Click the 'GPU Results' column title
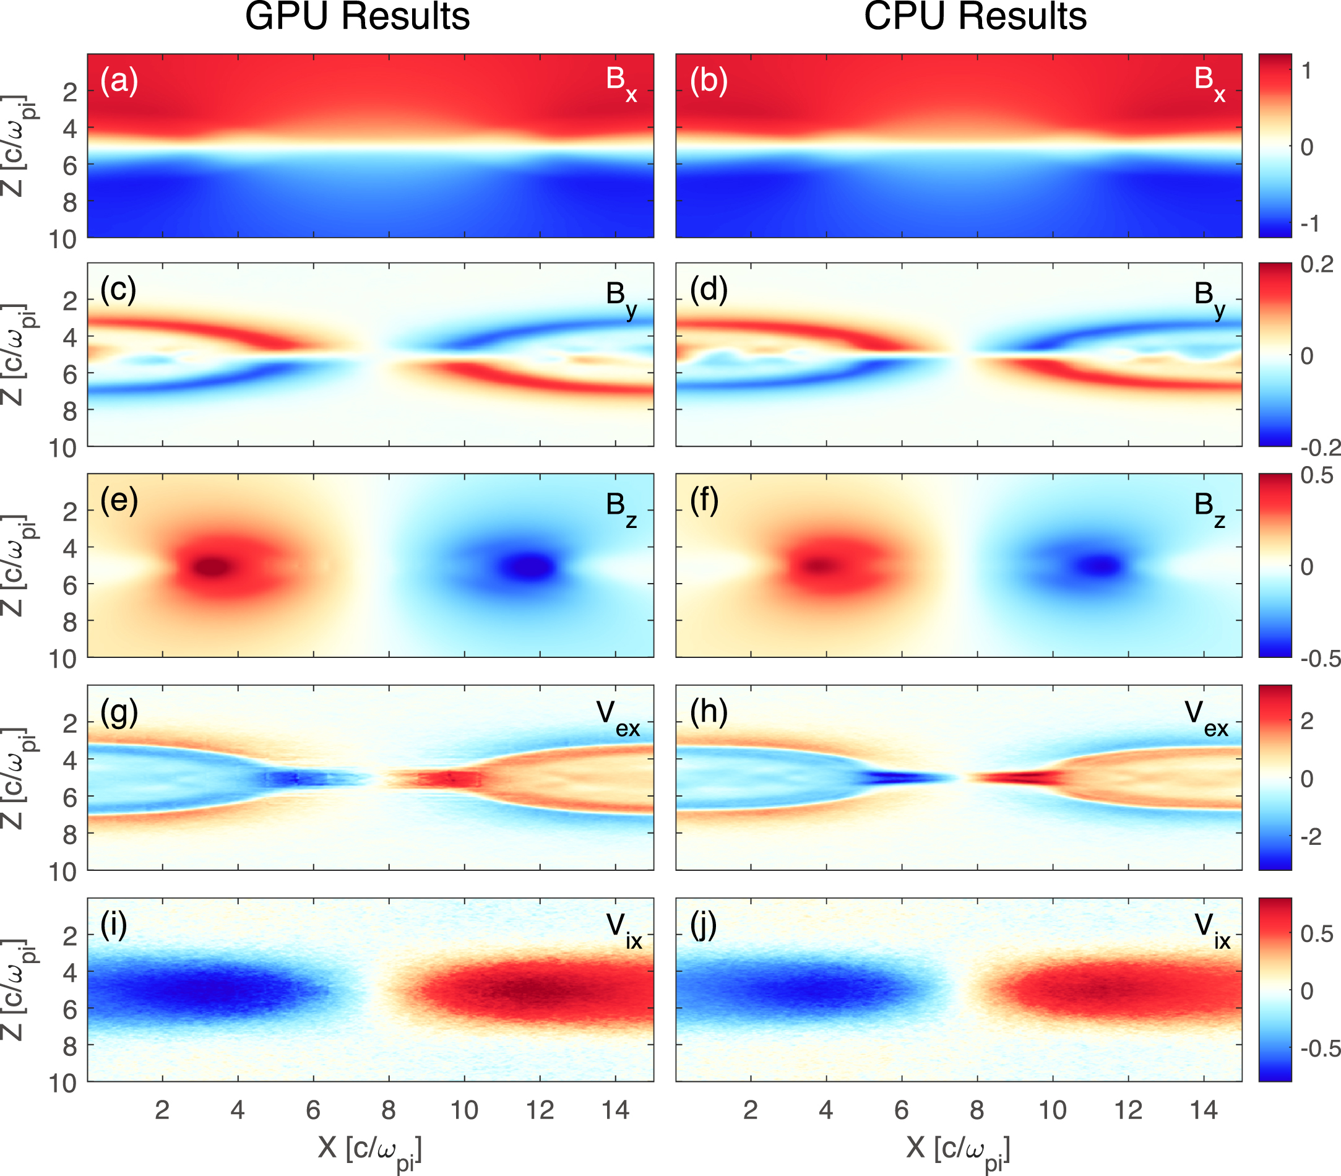pyautogui.click(x=357, y=17)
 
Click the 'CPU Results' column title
pyautogui.click(x=975, y=17)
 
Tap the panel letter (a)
pyautogui.click(x=119, y=80)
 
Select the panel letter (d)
pyautogui.click(x=708, y=290)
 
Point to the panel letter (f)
pyautogui.click(x=704, y=501)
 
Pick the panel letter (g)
pyautogui.click(x=119, y=714)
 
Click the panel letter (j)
pyautogui.click(x=704, y=925)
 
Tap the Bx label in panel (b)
pyautogui.click(x=1209, y=82)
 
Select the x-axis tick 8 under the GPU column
pyautogui.click(x=389, y=1110)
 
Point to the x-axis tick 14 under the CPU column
pyautogui.click(x=1203, y=1110)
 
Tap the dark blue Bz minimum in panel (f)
pyautogui.click(x=1101, y=564)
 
